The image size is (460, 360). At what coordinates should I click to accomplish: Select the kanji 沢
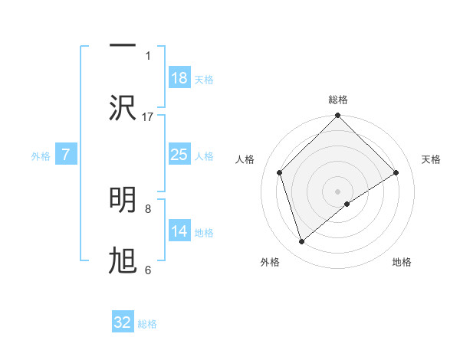pyautogui.click(x=123, y=108)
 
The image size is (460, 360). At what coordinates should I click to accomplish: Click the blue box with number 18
pyautogui.click(x=179, y=78)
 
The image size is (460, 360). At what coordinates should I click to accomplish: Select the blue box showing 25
pyautogui.click(x=179, y=155)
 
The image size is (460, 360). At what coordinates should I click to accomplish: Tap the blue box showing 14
pyautogui.click(x=179, y=231)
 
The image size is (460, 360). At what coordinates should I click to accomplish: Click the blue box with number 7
pyautogui.click(x=66, y=155)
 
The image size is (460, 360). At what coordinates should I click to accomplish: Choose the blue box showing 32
pyautogui.click(x=123, y=322)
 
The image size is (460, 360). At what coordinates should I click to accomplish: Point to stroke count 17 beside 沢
pyautogui.click(x=148, y=116)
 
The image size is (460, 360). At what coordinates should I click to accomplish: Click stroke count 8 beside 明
pyautogui.click(x=148, y=208)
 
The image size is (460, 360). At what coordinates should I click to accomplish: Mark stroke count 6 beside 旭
pyautogui.click(x=148, y=270)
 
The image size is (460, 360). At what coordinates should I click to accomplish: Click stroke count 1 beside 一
pyautogui.click(x=148, y=55)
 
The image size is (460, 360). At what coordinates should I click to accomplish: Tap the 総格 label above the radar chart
pyautogui.click(x=337, y=100)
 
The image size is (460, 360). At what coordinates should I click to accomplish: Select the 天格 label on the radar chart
pyautogui.click(x=431, y=159)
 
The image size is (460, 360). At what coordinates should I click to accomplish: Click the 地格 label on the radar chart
pyautogui.click(x=402, y=262)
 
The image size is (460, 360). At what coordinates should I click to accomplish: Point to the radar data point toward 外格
pyautogui.click(x=301, y=242)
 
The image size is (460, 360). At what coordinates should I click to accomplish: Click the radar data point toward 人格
pyautogui.click(x=280, y=172)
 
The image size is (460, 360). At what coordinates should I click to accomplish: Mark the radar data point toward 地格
pyautogui.click(x=347, y=204)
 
